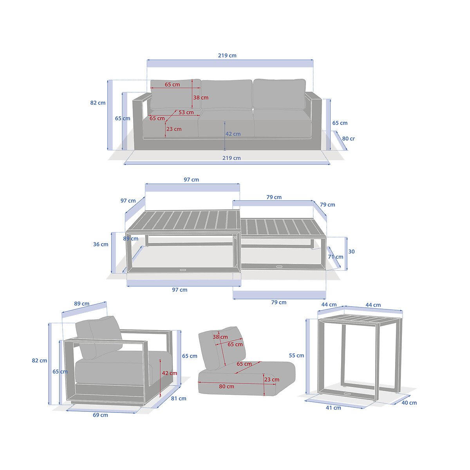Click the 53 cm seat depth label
[x=186, y=112]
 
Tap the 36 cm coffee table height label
[x=101, y=244]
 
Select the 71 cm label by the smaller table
[x=336, y=257]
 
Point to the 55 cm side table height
[x=296, y=356]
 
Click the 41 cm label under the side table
[x=333, y=408]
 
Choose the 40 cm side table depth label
[x=409, y=403]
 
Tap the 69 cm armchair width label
[x=100, y=415]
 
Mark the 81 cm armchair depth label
[x=179, y=399]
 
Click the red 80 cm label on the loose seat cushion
[x=226, y=387]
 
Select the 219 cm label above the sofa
[x=227, y=55]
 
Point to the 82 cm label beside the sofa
[x=98, y=103]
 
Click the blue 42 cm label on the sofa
[x=233, y=134]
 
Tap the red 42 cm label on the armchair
[x=170, y=373]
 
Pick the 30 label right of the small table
[x=351, y=251]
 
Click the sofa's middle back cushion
[x=227, y=94]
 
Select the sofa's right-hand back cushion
[x=279, y=94]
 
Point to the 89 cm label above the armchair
[x=82, y=304]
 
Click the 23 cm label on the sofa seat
[x=174, y=129]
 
